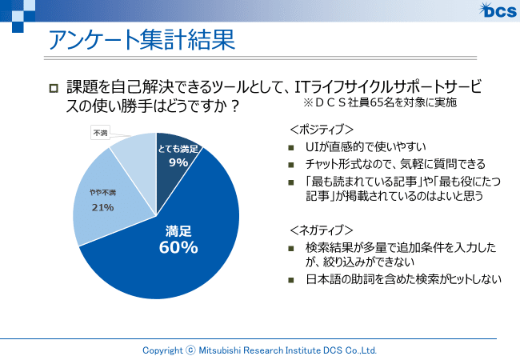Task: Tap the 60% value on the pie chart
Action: tap(178, 248)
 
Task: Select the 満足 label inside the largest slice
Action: tap(178, 231)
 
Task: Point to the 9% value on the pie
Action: tap(178, 162)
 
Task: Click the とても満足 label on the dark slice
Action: tap(178, 150)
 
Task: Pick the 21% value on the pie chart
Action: tap(102, 207)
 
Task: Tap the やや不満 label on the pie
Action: tap(102, 193)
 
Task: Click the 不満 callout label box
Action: tap(101, 133)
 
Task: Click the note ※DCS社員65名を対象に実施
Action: tap(380, 104)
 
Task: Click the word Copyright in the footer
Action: tap(162, 350)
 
